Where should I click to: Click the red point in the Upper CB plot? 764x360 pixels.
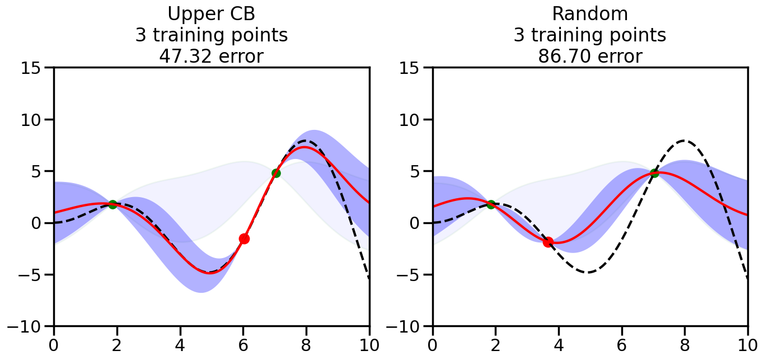tap(244, 239)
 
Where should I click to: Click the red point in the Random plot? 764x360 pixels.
tap(548, 242)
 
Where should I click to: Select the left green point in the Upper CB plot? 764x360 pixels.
tap(113, 204)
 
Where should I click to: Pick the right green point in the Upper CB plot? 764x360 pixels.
tap(276, 173)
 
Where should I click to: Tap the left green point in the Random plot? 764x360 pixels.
tap(491, 204)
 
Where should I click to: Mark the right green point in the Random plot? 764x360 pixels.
tap(654, 173)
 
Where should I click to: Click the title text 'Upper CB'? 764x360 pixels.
tap(211, 14)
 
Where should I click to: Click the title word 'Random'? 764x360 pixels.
tap(589, 14)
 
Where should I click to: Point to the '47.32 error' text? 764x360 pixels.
tap(211, 56)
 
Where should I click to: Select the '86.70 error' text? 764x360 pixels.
tap(589, 56)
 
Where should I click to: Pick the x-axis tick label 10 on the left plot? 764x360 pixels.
tap(369, 344)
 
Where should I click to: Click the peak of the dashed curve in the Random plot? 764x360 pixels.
tap(685, 141)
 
